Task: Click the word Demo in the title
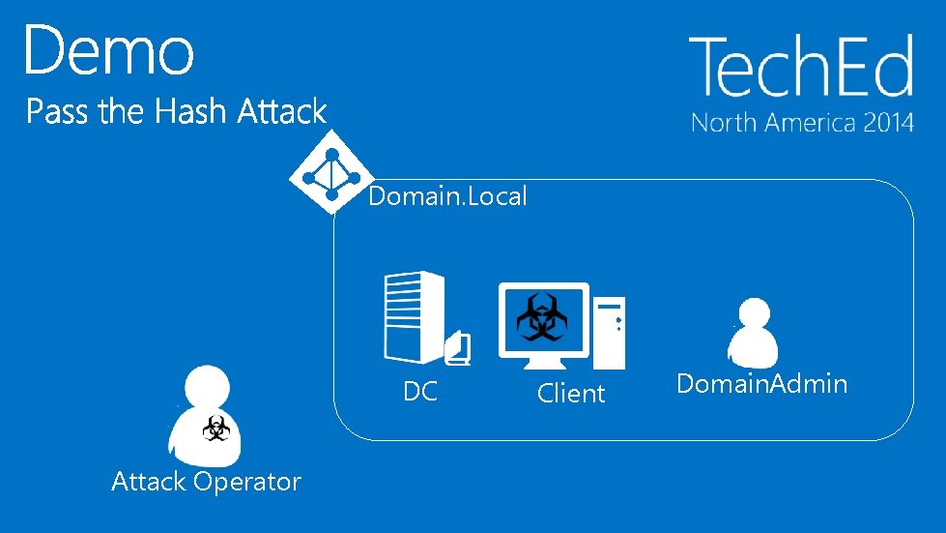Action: click(109, 50)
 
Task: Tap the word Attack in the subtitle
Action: click(282, 112)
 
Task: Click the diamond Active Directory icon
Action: click(331, 174)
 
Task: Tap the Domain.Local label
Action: click(448, 197)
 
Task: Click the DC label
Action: click(420, 392)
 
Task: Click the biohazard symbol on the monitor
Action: click(542, 318)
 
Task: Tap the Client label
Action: click(571, 394)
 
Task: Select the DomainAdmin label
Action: click(762, 384)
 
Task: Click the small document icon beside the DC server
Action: click(459, 351)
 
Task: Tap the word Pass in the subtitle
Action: click(58, 112)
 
